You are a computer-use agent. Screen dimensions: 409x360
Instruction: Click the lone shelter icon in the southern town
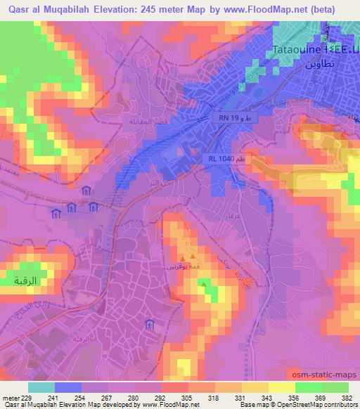[x=149, y=325]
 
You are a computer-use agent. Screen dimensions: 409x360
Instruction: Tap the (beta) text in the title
[x=321, y=9]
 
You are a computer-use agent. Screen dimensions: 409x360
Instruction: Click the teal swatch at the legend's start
[x=41, y=387]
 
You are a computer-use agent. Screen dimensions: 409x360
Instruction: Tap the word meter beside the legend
[x=11, y=397]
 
